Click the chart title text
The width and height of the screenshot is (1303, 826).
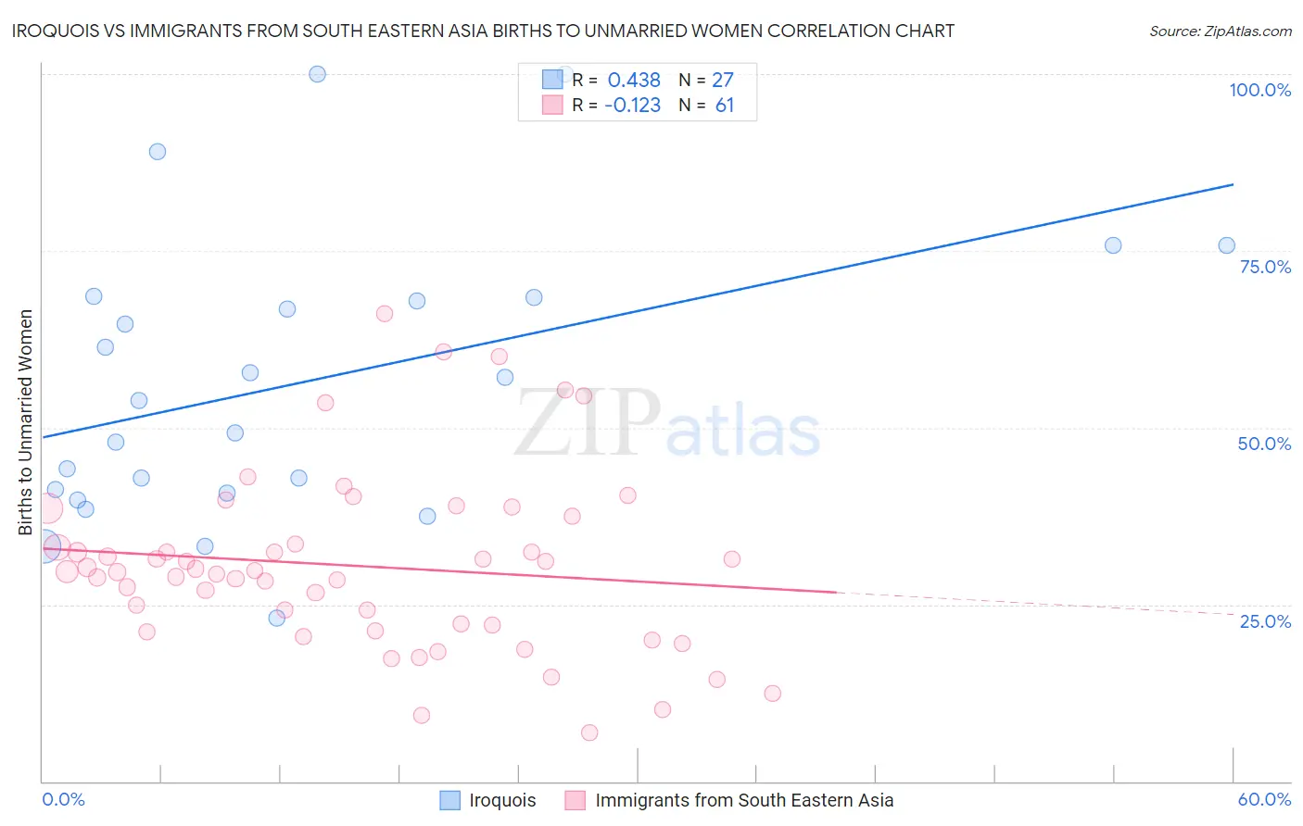(x=483, y=31)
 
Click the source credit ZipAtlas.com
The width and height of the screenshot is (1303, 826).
(x=1220, y=31)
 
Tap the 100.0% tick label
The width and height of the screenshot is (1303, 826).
(x=1259, y=90)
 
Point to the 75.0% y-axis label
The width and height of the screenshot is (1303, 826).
(x=1265, y=267)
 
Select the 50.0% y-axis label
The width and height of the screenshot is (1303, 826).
(x=1264, y=444)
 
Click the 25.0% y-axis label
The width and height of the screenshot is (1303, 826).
(x=1265, y=621)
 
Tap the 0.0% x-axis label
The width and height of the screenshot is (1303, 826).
(x=63, y=799)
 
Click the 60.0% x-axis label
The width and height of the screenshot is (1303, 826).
(x=1264, y=799)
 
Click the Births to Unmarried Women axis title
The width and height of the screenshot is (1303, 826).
(x=25, y=422)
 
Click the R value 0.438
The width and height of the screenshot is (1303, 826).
(x=634, y=81)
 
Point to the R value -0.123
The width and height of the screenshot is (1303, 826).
(x=632, y=106)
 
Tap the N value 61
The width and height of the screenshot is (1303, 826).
(x=725, y=106)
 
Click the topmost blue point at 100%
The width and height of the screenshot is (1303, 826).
(x=317, y=74)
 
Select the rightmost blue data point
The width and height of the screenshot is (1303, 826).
(x=1226, y=245)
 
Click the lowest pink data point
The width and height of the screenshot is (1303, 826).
(x=589, y=732)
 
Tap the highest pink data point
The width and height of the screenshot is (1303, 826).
(x=385, y=314)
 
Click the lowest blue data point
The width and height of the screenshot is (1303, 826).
(x=276, y=618)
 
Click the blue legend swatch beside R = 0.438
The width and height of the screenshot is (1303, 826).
(x=552, y=80)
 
